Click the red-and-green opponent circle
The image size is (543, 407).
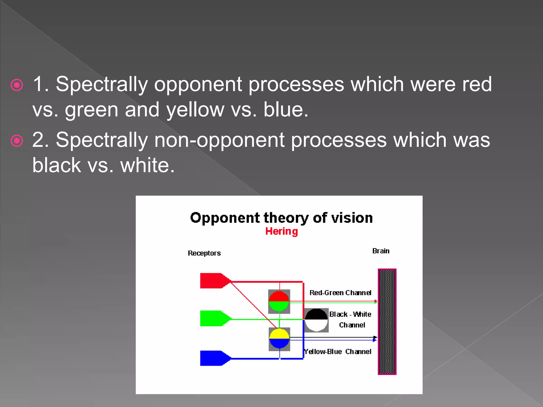[279, 302]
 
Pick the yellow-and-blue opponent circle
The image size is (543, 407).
[279, 339]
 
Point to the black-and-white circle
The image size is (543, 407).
[316, 320]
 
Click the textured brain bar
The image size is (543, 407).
[387, 322]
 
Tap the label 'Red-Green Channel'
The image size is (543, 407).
[340, 293]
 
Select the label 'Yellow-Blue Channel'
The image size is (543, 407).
[338, 352]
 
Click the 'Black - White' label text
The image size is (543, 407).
[350, 314]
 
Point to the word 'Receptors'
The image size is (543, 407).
[204, 253]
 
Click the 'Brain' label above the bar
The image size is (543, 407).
[381, 251]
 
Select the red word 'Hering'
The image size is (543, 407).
[282, 231]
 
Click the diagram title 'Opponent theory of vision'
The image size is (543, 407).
[281, 218]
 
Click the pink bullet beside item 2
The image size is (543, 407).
[17, 141]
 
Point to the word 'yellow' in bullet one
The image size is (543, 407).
[195, 110]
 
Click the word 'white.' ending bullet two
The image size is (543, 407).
[147, 165]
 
